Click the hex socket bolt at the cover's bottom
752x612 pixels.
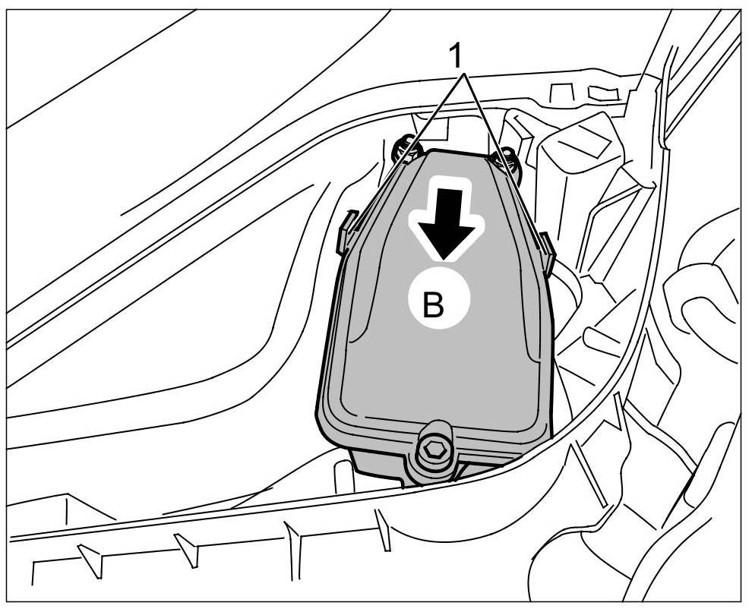coord(434,451)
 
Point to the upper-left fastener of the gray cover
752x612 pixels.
coord(404,150)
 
